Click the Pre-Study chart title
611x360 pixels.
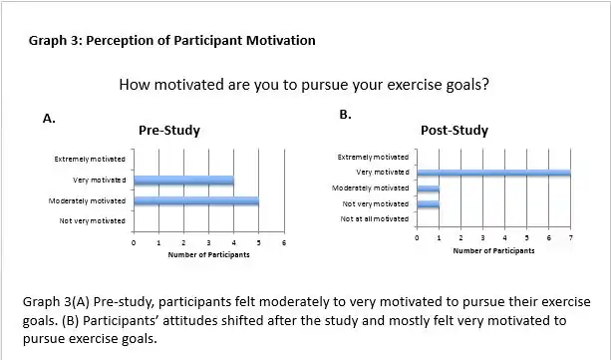(169, 130)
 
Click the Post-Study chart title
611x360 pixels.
(455, 131)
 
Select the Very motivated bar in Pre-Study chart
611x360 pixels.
(183, 180)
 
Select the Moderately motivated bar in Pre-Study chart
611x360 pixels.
(195, 201)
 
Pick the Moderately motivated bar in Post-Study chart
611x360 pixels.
(429, 188)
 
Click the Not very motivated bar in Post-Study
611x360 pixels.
(429, 204)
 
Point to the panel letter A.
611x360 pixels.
(48, 119)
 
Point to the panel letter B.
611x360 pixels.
(346, 115)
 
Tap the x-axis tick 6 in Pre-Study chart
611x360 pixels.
(284, 242)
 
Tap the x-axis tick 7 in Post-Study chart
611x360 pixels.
(570, 239)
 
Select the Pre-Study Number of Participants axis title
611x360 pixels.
(208, 255)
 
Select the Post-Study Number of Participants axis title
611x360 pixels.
(493, 251)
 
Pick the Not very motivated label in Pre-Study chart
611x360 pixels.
(92, 220)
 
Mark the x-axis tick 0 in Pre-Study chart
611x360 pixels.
(134, 242)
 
